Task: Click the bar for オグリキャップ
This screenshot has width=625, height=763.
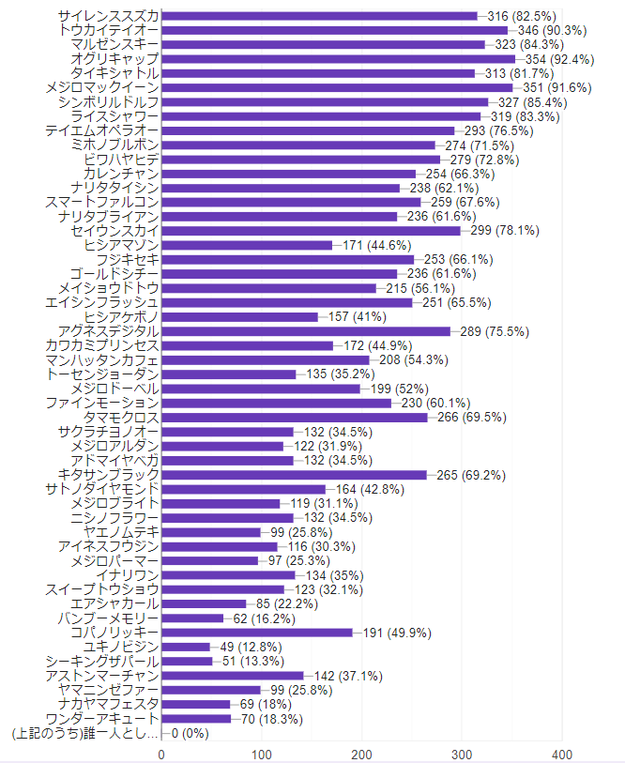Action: click(338, 59)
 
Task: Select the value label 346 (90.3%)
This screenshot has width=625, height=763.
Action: click(549, 30)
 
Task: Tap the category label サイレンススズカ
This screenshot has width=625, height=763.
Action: click(108, 16)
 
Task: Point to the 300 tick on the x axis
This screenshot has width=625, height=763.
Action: click(462, 754)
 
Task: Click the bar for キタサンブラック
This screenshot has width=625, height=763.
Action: click(294, 475)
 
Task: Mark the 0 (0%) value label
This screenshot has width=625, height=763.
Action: click(190, 732)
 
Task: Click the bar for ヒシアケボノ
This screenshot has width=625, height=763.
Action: click(239, 316)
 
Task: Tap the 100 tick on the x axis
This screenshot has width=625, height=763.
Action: click(261, 754)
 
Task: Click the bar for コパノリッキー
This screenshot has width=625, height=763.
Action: click(256, 633)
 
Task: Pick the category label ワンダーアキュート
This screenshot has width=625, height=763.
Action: click(102, 718)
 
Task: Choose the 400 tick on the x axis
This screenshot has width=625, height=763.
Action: click(562, 754)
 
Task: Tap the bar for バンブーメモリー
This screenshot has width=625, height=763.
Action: click(192, 618)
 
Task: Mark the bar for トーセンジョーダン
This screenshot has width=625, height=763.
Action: click(228, 374)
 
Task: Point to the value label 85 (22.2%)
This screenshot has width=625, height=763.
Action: click(294, 603)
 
